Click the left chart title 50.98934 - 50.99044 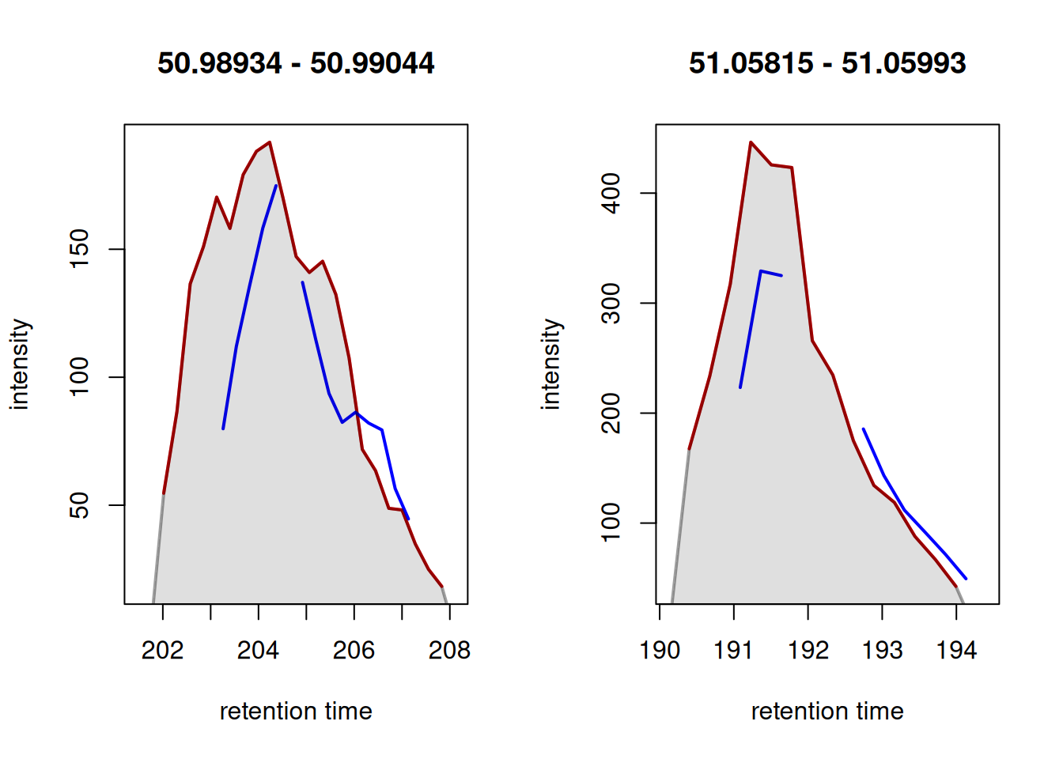tap(296, 63)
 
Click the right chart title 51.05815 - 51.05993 tap(827, 63)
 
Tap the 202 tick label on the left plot tap(162, 651)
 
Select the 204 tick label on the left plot tap(258, 651)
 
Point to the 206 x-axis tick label tap(354, 651)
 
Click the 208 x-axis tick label tap(449, 651)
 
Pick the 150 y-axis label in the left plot tap(80, 249)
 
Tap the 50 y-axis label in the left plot tap(80, 505)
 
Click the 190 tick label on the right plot tap(660, 651)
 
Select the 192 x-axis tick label tap(808, 651)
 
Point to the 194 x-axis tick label tap(956, 651)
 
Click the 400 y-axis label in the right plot tap(611, 193)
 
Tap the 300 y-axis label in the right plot tap(611, 303)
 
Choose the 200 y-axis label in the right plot tap(611, 413)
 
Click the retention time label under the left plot tap(296, 712)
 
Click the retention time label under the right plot tap(827, 712)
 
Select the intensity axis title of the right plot tap(551, 364)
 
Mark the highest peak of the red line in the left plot tap(270, 143)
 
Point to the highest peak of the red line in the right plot tap(751, 143)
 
